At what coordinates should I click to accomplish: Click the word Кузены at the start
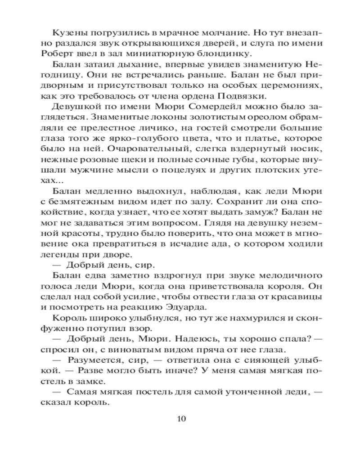point(68,33)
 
